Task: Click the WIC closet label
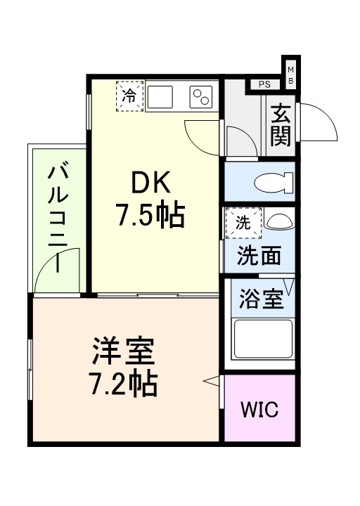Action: click(x=259, y=409)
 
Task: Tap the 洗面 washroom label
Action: click(x=258, y=257)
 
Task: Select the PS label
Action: click(x=264, y=85)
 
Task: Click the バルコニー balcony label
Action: click(x=57, y=218)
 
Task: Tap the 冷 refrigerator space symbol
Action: click(x=129, y=96)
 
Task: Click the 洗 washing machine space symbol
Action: click(x=242, y=224)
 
